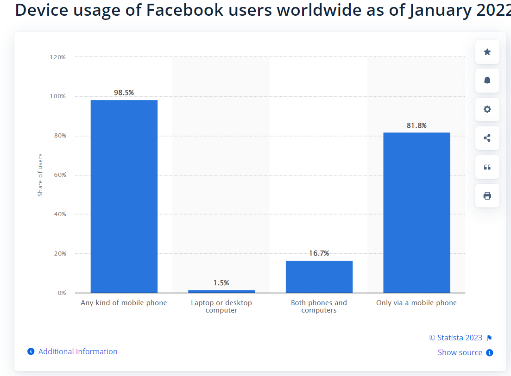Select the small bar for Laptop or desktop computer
[221, 291]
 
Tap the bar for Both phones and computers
[319, 276]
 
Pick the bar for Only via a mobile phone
[416, 213]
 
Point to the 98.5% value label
[124, 93]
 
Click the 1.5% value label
[221, 283]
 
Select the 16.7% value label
[319, 253]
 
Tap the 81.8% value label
[416, 125]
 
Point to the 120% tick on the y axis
[58, 57]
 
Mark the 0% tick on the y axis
[62, 293]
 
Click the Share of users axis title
[40, 175]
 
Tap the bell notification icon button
[487, 81]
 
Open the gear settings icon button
[487, 109]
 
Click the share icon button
[487, 138]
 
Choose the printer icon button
[487, 195]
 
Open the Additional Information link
[77, 351]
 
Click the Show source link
[460, 352]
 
